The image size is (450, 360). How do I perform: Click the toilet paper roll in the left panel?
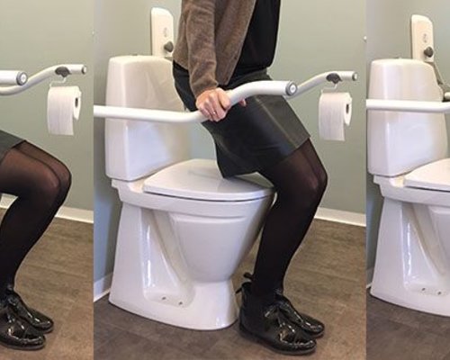64,110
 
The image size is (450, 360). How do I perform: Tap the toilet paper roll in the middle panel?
335,115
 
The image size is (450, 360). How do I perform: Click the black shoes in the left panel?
22,319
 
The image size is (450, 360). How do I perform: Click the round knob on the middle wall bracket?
168,46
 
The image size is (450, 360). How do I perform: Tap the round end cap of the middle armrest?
291,88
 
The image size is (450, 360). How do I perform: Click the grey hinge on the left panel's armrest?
62,71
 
